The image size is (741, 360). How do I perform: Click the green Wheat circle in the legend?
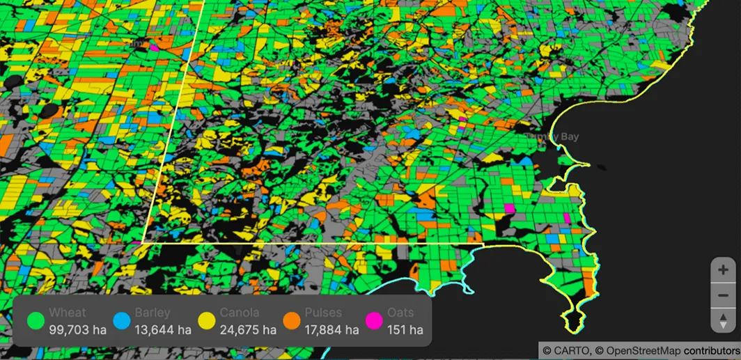(36, 321)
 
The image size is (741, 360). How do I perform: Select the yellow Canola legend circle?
(206, 321)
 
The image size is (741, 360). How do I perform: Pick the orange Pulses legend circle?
(291, 321)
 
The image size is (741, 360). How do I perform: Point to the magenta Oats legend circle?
(374, 321)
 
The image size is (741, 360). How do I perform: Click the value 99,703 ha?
(77, 329)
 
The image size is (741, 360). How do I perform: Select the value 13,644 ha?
(162, 329)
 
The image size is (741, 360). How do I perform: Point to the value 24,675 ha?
(247, 329)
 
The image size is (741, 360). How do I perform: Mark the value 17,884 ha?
(333, 329)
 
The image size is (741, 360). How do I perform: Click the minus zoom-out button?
(723, 295)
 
